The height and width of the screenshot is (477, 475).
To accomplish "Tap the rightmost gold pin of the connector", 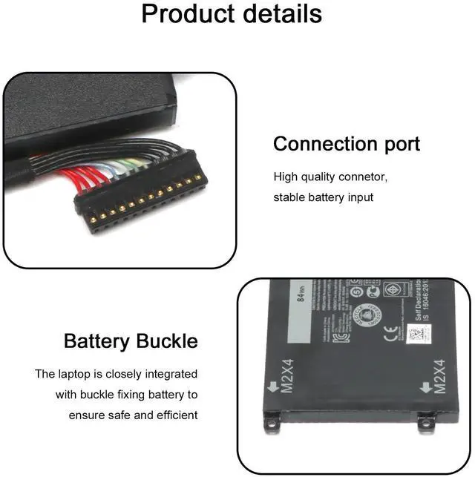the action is click(x=198, y=178).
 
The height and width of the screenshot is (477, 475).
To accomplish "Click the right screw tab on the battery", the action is click(x=426, y=423).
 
